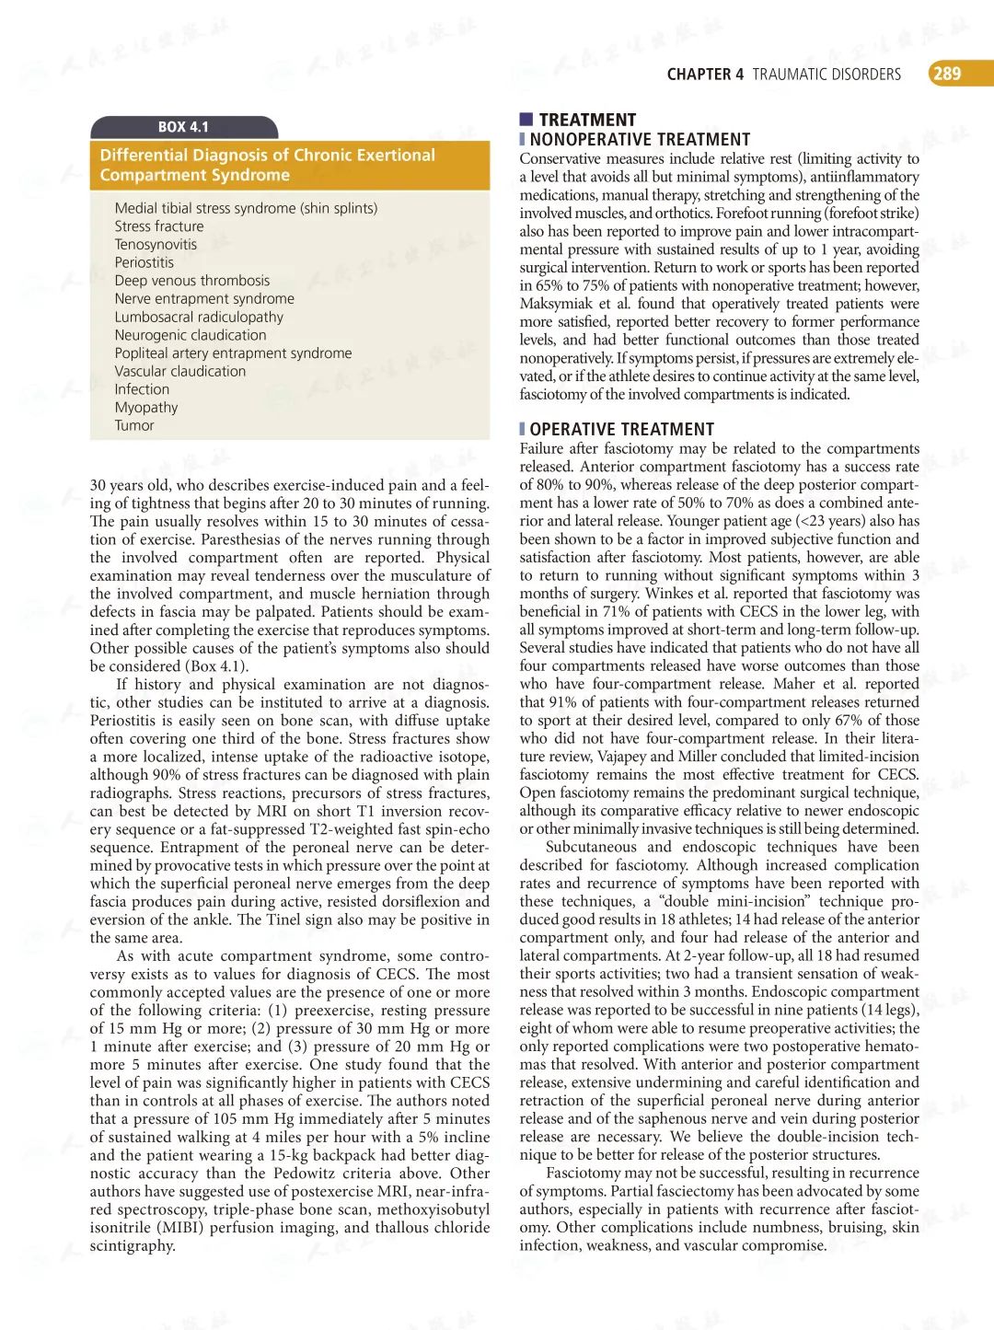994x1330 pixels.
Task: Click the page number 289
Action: tap(947, 74)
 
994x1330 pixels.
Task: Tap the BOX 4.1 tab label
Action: tap(183, 127)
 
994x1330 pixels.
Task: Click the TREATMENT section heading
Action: tap(587, 120)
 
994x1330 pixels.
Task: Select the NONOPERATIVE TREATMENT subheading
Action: tap(640, 140)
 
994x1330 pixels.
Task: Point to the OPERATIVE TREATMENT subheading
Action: tap(621, 430)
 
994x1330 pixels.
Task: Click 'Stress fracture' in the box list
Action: tap(159, 226)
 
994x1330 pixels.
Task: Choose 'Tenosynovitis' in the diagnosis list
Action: tap(156, 245)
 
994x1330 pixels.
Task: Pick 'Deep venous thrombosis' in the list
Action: tap(192, 281)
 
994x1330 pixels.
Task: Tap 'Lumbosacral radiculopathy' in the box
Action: tap(199, 317)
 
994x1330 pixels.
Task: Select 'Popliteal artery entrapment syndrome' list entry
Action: tap(233, 353)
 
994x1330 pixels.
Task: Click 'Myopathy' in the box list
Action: tap(146, 408)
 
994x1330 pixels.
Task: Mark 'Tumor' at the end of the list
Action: tap(134, 426)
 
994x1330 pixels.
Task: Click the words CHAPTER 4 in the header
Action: tap(705, 75)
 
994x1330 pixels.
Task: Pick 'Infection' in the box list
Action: tap(142, 389)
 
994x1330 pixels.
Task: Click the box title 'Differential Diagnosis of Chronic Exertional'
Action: tap(267, 156)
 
